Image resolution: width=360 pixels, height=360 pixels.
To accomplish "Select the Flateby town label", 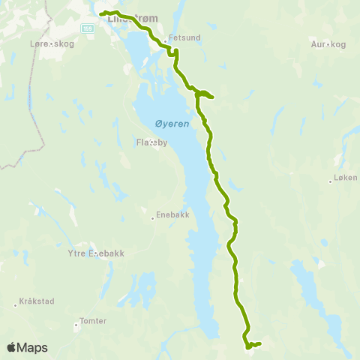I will [x=152, y=141].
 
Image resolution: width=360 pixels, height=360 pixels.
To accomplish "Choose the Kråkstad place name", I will [x=37, y=304].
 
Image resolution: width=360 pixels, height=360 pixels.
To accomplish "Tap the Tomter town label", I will [x=93, y=321].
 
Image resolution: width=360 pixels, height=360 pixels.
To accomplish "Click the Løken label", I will [x=345, y=179].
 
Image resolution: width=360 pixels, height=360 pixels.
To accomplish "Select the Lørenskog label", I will [x=29, y=45].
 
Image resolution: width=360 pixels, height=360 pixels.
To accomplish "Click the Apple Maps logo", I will [x=27, y=347].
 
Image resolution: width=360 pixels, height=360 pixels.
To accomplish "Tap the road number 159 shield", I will [x=88, y=28].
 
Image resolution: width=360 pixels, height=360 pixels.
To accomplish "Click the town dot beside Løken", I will [x=330, y=180].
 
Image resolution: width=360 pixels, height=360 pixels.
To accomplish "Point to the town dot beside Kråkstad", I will [x=16, y=304].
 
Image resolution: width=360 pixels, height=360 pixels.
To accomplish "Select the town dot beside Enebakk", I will [x=152, y=216].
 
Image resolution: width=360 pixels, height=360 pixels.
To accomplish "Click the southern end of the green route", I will [x=259, y=343].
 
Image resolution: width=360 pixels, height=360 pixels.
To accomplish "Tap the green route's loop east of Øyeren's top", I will [x=205, y=94].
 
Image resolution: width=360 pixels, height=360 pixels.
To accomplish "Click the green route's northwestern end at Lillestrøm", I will [x=101, y=13].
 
